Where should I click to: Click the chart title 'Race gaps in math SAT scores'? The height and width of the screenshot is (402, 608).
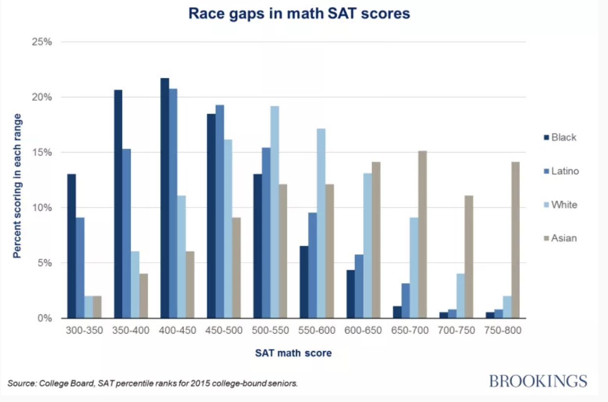click(299, 13)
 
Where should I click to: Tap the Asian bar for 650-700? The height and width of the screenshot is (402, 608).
click(422, 234)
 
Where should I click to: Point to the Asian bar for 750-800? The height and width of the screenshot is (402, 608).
click(515, 240)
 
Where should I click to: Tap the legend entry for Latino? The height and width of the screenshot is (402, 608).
click(565, 171)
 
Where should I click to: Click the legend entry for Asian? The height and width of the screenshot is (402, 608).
click(564, 238)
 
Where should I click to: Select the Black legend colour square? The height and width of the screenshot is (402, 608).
click(544, 137)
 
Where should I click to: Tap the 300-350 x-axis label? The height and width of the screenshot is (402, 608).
click(85, 331)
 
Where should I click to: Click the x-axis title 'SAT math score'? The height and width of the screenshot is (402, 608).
click(293, 353)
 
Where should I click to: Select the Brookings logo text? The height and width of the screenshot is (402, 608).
click(538, 380)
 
